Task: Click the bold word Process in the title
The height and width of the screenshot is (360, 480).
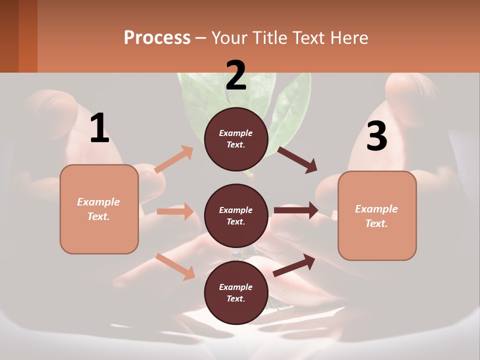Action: point(157,37)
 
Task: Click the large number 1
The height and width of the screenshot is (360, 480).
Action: point(99,128)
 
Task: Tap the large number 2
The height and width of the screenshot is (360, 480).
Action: point(236,75)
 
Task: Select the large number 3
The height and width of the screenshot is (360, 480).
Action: point(376,136)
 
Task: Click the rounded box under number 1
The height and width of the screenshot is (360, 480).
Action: point(99,209)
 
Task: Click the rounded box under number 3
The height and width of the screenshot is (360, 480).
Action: point(377,215)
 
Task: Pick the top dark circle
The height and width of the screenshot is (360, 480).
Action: point(236,139)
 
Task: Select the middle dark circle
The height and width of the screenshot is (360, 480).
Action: point(236,215)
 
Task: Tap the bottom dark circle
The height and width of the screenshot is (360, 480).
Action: point(236,292)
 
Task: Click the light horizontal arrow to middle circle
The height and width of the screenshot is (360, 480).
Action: point(175,211)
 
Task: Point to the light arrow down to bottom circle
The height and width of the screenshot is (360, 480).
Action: point(175,266)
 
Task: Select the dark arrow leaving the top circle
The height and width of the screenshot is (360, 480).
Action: point(297,159)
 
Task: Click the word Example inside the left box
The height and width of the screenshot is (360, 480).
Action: point(98,201)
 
